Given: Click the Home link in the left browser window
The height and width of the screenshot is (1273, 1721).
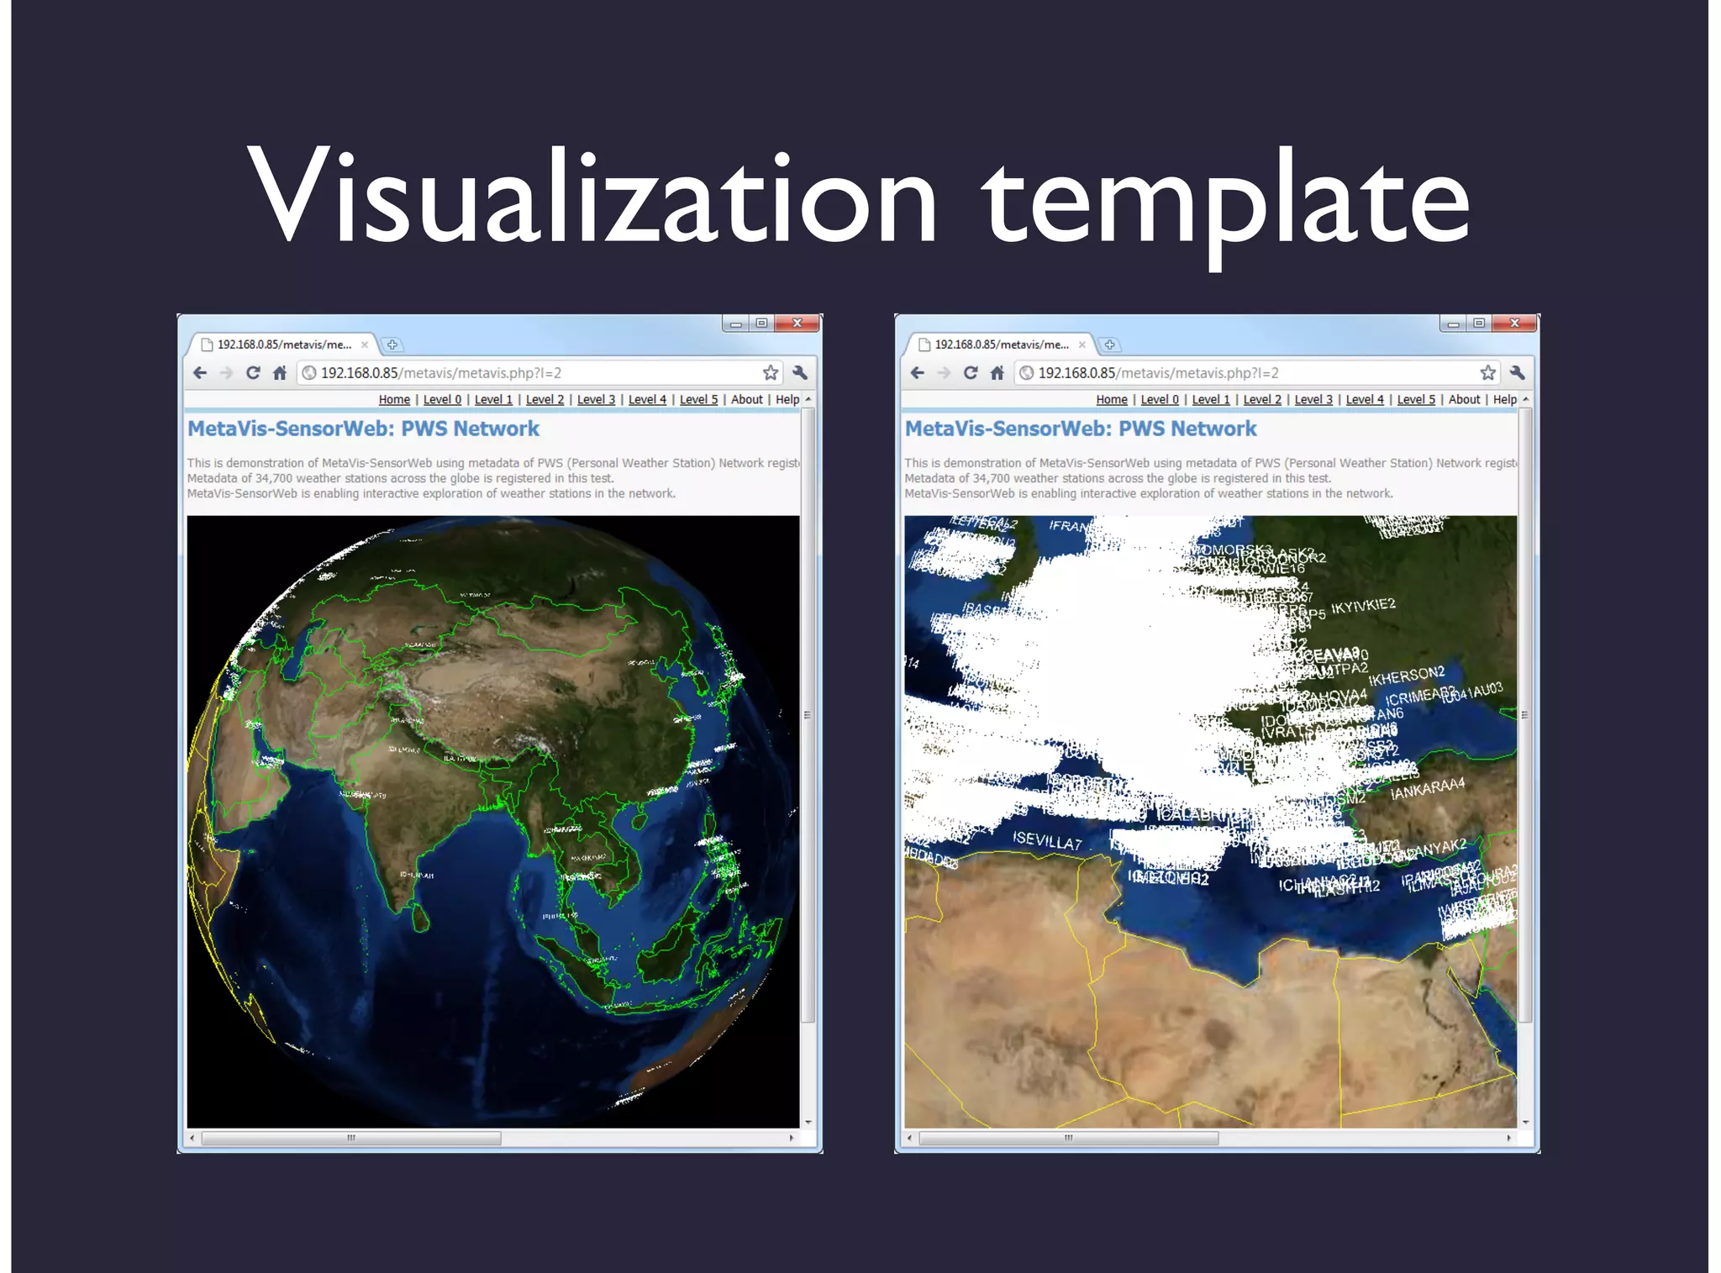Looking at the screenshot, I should tap(394, 400).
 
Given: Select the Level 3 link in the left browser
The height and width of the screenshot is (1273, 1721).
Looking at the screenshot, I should tap(596, 400).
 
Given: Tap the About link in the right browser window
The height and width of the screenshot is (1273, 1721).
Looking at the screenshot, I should tap(1464, 400).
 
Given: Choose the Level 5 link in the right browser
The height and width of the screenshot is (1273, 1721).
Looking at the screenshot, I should tap(1416, 400).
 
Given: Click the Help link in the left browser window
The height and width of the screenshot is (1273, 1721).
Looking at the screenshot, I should tap(787, 400).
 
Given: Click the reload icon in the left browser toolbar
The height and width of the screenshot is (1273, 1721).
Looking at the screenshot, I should tap(253, 373).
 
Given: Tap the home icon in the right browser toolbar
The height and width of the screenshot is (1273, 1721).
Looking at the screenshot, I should tap(997, 373).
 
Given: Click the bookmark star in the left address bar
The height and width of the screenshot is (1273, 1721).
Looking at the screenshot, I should tap(771, 373).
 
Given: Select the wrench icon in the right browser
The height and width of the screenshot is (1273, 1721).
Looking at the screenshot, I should tap(1517, 373).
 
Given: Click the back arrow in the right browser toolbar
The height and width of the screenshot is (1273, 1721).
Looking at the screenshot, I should tap(918, 373).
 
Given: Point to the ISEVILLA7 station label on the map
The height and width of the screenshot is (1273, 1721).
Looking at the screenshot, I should tap(1047, 840).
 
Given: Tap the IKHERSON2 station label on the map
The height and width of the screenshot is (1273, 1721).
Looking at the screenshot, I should tap(1407, 676).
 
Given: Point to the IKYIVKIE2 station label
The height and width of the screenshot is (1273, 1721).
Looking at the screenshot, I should tap(1363, 606).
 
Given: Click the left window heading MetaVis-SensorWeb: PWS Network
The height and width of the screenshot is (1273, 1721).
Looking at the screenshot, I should tap(363, 429).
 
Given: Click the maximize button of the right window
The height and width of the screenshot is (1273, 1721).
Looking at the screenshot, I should tap(1479, 324).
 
